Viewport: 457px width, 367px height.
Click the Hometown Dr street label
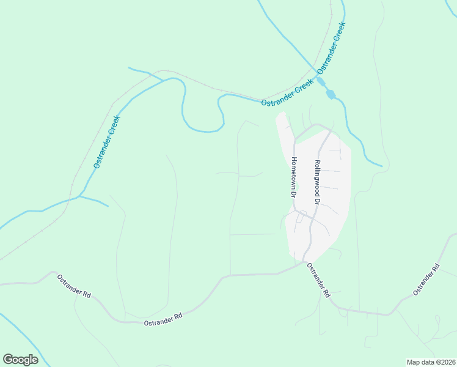pos(293,177)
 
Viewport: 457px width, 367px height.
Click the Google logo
pos(20,360)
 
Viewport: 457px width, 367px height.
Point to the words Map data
pos(421,362)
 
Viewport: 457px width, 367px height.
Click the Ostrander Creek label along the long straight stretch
pos(107,142)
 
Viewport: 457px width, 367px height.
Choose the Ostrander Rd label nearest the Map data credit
pos(426,279)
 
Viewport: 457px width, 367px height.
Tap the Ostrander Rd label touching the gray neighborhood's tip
pos(318,280)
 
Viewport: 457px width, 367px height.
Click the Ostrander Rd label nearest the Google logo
pos(74,286)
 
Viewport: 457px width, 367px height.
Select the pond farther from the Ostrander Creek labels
pos(331,94)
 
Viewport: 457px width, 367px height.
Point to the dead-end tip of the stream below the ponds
pos(382,166)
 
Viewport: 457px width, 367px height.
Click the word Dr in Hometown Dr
pos(293,193)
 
